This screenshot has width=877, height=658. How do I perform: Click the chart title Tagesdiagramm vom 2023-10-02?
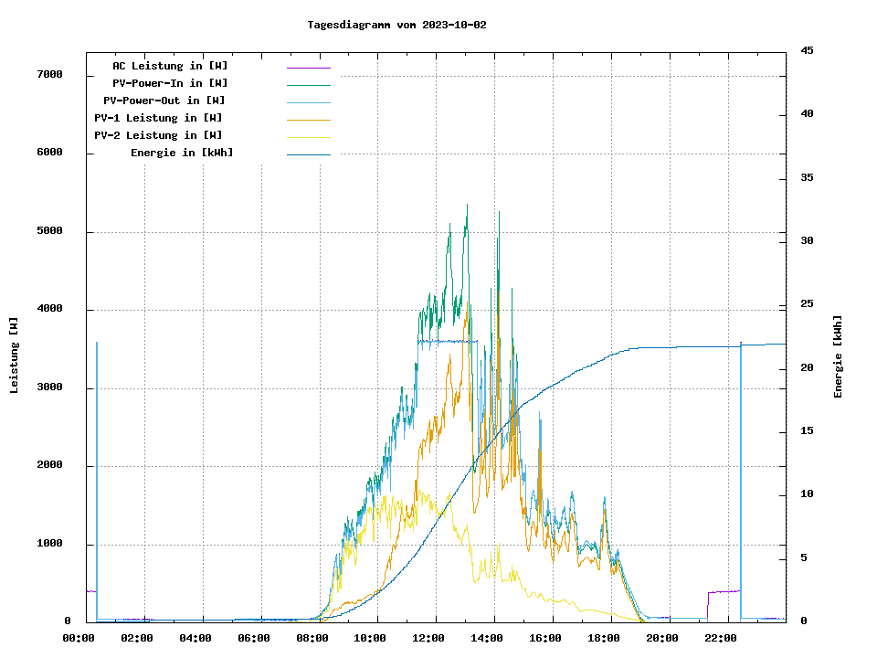[396, 25]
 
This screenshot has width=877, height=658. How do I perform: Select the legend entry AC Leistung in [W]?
[170, 66]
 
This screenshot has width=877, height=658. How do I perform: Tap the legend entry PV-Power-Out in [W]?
[165, 101]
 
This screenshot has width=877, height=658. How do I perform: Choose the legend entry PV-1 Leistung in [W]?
[158, 118]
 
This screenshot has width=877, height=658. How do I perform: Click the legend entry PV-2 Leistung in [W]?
[158, 135]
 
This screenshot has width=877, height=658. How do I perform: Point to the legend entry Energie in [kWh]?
[182, 153]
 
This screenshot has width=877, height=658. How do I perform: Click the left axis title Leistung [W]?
[15, 356]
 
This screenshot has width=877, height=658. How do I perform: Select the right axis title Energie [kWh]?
[839, 356]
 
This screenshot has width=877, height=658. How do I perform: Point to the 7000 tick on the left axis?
[49, 75]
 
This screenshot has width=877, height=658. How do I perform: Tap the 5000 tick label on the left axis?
[49, 231]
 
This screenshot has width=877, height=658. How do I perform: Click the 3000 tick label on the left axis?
[49, 387]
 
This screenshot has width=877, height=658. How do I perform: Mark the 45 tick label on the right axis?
[807, 50]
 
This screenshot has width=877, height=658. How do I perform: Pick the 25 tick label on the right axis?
[807, 304]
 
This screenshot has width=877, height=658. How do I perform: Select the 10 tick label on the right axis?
[807, 494]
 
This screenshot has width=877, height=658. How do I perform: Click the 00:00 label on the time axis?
[79, 638]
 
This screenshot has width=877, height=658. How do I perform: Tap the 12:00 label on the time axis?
[429, 638]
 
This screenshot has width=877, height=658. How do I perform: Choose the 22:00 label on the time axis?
[721, 638]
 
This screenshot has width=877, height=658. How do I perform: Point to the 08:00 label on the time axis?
[312, 638]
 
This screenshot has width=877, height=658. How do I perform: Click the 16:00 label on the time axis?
[545, 638]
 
